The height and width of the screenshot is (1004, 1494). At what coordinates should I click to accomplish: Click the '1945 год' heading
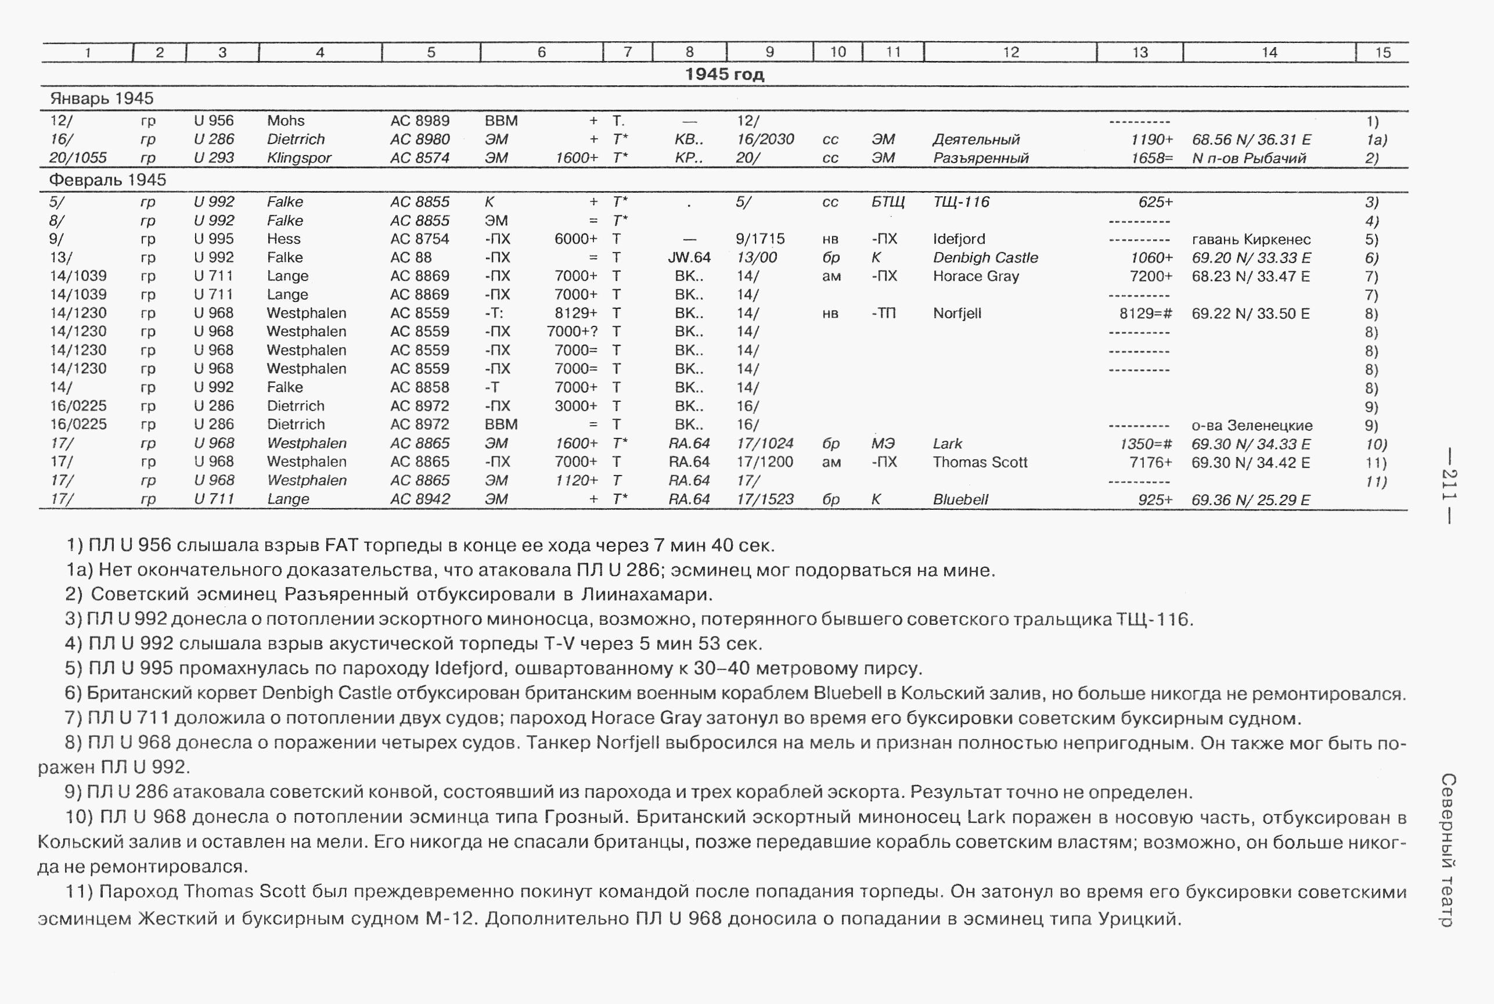pyautogui.click(x=724, y=74)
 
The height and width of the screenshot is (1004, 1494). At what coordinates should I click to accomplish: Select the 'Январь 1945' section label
pyautogui.click(x=102, y=99)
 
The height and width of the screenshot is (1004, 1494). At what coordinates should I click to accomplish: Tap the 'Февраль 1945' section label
pyautogui.click(x=107, y=180)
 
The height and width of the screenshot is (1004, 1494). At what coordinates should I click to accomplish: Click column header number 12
pyautogui.click(x=1011, y=52)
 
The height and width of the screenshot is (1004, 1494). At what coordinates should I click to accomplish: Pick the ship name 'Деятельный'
pyautogui.click(x=976, y=139)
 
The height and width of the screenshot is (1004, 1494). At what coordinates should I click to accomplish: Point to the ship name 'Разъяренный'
pyautogui.click(x=981, y=158)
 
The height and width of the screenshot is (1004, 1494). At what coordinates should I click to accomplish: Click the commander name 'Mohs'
pyautogui.click(x=286, y=121)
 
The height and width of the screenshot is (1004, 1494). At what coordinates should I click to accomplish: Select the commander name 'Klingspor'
pyautogui.click(x=299, y=158)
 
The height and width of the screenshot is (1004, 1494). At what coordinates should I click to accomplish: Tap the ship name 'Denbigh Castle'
pyautogui.click(x=985, y=258)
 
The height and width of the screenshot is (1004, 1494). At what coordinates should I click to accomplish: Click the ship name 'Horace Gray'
pyautogui.click(x=975, y=276)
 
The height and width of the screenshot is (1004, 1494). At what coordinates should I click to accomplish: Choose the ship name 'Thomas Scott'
pyautogui.click(x=980, y=462)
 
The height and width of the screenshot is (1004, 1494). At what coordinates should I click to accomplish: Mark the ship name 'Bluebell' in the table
pyautogui.click(x=960, y=499)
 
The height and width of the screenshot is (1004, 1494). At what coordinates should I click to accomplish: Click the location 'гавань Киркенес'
pyautogui.click(x=1251, y=239)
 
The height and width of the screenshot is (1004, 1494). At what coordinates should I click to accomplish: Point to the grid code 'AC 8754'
pyautogui.click(x=420, y=239)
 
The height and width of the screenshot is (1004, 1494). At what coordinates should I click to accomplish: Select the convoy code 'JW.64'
pyautogui.click(x=689, y=258)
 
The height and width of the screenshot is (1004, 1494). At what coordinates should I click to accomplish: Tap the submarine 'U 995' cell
pyautogui.click(x=214, y=239)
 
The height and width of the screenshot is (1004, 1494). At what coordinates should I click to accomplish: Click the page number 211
pyautogui.click(x=1449, y=487)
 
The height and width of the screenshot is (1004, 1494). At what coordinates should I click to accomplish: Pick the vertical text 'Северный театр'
pyautogui.click(x=1448, y=850)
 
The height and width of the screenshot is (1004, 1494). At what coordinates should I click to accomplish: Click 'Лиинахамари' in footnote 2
pyautogui.click(x=646, y=595)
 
